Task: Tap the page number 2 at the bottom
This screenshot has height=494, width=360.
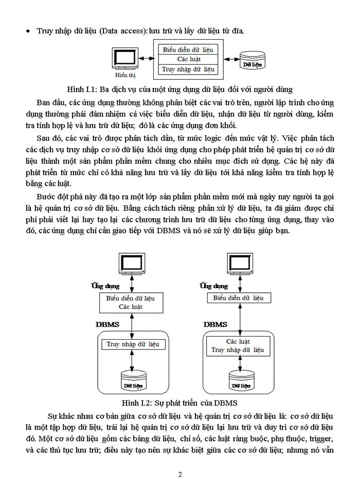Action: click(x=180, y=474)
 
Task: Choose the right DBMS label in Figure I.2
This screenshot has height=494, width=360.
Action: click(x=215, y=324)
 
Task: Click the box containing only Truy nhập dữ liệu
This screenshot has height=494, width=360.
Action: click(x=133, y=344)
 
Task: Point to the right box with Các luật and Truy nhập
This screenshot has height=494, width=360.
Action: click(x=238, y=346)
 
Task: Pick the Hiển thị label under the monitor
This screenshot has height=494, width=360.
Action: click(x=122, y=75)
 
